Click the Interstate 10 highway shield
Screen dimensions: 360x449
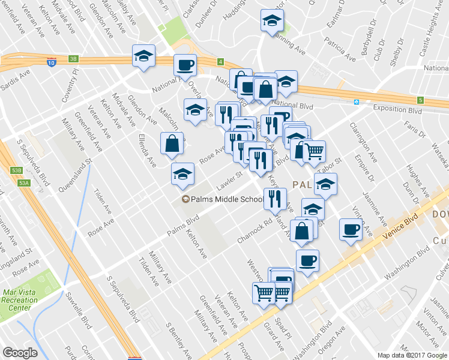coord(52,61)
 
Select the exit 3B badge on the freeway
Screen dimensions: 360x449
coord(73,59)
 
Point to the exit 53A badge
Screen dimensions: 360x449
coord(23,183)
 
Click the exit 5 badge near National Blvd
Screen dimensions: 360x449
coord(421,100)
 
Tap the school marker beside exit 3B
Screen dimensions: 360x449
coord(143,56)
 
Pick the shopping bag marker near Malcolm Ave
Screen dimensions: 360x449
coord(172,143)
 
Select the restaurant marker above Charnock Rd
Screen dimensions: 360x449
coord(275,198)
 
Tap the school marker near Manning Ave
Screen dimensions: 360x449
coord(272,21)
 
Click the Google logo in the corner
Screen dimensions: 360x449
coord(20,353)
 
